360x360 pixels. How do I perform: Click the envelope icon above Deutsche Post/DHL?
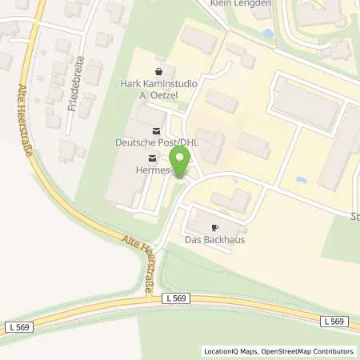(x=155, y=130)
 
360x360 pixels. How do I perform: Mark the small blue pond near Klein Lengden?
(x=266, y=34)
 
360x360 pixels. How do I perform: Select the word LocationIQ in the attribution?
(x=220, y=350)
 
